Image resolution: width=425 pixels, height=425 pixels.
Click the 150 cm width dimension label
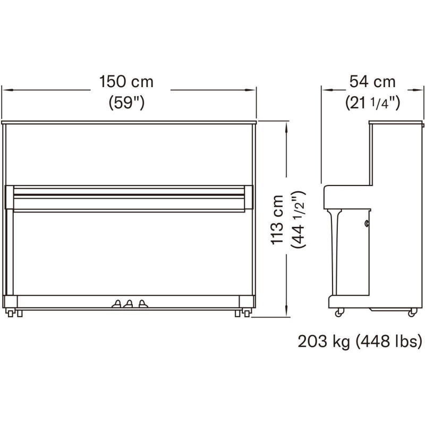[126, 81]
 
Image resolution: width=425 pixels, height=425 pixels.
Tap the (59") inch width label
[126, 103]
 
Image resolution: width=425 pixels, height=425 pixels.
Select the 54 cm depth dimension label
[372, 81]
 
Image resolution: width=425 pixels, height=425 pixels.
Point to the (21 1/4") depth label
[373, 103]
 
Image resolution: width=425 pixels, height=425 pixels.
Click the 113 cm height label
[277, 219]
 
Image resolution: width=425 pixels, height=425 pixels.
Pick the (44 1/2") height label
[298, 219]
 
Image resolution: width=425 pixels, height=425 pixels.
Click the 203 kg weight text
[324, 342]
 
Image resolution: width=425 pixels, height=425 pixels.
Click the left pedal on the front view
[117, 304]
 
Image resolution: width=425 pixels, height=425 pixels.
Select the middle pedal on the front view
[129, 304]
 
